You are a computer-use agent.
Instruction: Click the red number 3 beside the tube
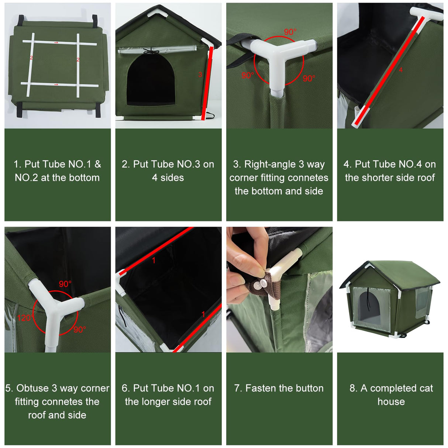coord(200,75)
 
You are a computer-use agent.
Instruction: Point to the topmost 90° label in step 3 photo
coord(290,32)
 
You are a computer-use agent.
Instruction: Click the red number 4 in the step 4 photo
coord(401,70)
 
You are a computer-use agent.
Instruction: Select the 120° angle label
coord(24,318)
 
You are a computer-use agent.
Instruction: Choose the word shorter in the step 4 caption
coord(378,178)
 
